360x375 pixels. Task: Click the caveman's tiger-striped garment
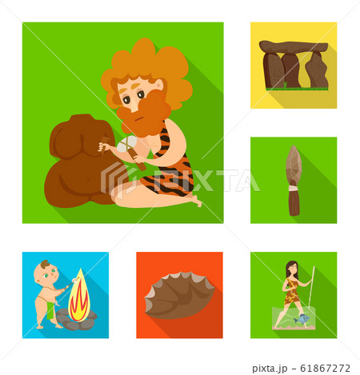pyautogui.click(x=172, y=172)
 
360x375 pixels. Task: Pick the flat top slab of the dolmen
pyautogui.click(x=294, y=47)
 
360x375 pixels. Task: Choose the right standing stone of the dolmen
pyautogui.click(x=317, y=70)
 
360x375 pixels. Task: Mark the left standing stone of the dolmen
pyautogui.click(x=274, y=70)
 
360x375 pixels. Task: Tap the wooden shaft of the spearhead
pyautogui.click(x=294, y=204)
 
